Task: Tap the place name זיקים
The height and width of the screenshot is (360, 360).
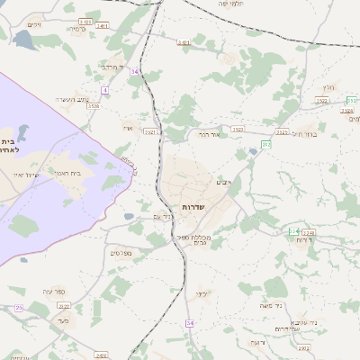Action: pos(34,25)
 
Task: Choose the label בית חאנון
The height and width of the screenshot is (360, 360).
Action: pos(82,172)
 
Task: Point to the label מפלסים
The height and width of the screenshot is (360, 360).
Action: pos(122,254)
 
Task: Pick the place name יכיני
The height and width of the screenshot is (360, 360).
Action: pos(202,294)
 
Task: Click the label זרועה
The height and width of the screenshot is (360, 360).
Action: pos(258,343)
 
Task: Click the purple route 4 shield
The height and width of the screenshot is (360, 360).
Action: pos(105,90)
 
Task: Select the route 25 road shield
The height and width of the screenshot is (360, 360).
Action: pos(19,308)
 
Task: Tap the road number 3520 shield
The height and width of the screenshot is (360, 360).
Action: pos(93,105)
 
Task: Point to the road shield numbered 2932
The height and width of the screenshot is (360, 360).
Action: pos(303,347)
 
